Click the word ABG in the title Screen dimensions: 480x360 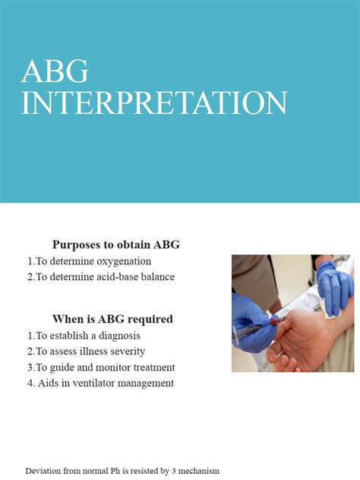pos(55,71)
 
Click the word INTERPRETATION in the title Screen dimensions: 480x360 pos(154,103)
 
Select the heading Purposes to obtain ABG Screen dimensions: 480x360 pos(115,245)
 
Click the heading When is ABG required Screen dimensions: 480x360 pos(112,319)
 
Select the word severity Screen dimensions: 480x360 pos(125,351)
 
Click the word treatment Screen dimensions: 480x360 pos(152,367)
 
